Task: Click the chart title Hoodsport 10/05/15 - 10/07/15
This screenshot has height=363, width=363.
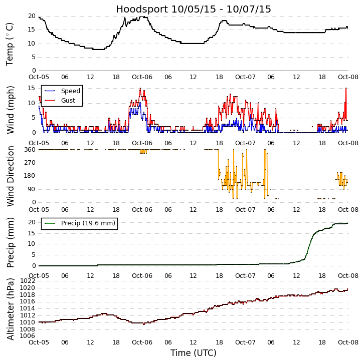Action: pyautogui.click(x=194, y=9)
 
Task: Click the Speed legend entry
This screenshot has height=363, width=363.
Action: pyautogui.click(x=70, y=91)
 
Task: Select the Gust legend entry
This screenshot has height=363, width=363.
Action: pyautogui.click(x=68, y=101)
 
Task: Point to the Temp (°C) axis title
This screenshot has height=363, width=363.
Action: pyautogui.click(x=10, y=43)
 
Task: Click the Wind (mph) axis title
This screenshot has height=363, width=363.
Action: pyautogui.click(x=10, y=109)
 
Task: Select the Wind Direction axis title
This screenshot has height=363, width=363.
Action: pyautogui.click(x=10, y=176)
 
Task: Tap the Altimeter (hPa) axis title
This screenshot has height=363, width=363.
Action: pyautogui.click(x=10, y=309)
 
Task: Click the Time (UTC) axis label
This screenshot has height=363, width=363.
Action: pyautogui.click(x=194, y=353)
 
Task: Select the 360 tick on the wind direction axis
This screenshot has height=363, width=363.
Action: pyautogui.click(x=29, y=149)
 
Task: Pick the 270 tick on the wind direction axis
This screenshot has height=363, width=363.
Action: pyautogui.click(x=29, y=163)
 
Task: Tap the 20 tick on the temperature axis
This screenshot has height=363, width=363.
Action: pyautogui.click(x=31, y=16)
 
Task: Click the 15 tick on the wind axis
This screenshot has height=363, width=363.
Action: pyautogui.click(x=31, y=88)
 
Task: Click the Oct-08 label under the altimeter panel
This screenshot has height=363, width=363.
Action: pyautogui.click(x=348, y=342)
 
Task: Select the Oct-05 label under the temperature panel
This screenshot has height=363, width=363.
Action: pyautogui.click(x=39, y=78)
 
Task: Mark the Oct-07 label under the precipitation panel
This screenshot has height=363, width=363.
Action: pyautogui.click(x=245, y=276)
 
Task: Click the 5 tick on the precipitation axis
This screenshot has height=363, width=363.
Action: pyautogui.click(x=33, y=255)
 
